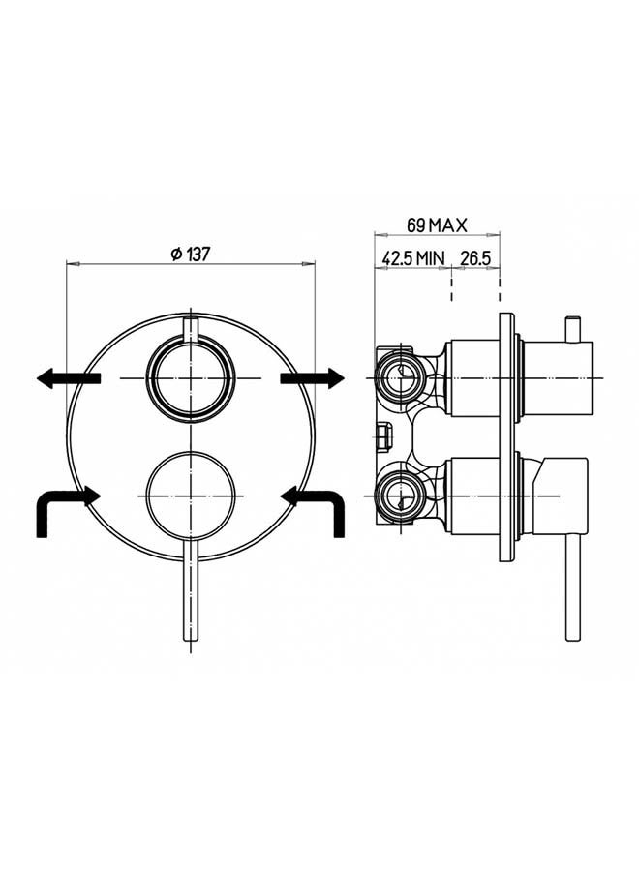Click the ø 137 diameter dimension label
tap(190, 255)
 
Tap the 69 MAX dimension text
tap(437, 225)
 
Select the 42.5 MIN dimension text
tap(413, 258)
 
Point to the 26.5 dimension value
tap(475, 258)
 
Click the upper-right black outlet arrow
tap(313, 378)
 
